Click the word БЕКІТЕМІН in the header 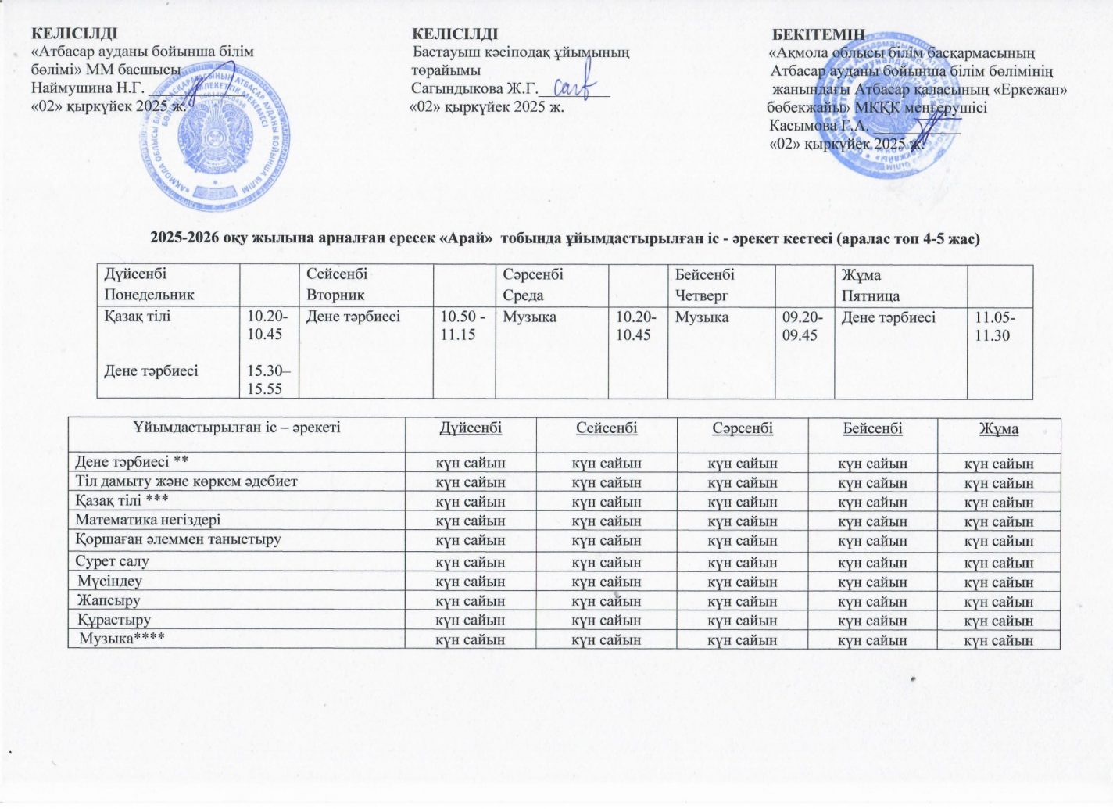tap(818, 34)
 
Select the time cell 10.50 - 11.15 tap(463, 326)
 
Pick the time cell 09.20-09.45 tap(800, 326)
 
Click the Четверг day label tap(702, 295)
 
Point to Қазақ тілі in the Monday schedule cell tap(138, 317)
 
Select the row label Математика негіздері tap(148, 520)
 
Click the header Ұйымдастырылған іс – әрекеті tap(236, 428)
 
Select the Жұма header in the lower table tap(999, 428)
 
